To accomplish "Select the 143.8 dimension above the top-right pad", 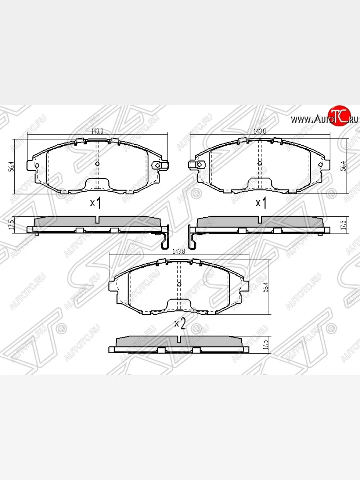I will coord(260,131).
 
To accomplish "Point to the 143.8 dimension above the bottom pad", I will coord(179,252).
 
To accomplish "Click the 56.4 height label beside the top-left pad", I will coord(12,166).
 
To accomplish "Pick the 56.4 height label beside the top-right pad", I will coord(342,166).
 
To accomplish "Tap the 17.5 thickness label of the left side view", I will coord(12,225).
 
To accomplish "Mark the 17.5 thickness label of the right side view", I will coord(342,225).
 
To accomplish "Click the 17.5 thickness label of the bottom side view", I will coord(264,345).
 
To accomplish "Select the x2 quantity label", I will coord(180,324).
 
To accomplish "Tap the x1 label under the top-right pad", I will coord(261,203).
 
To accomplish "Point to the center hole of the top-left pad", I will coord(97,164).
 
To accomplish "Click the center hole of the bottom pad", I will coord(179,284).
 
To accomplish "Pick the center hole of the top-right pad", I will coord(260,163).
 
